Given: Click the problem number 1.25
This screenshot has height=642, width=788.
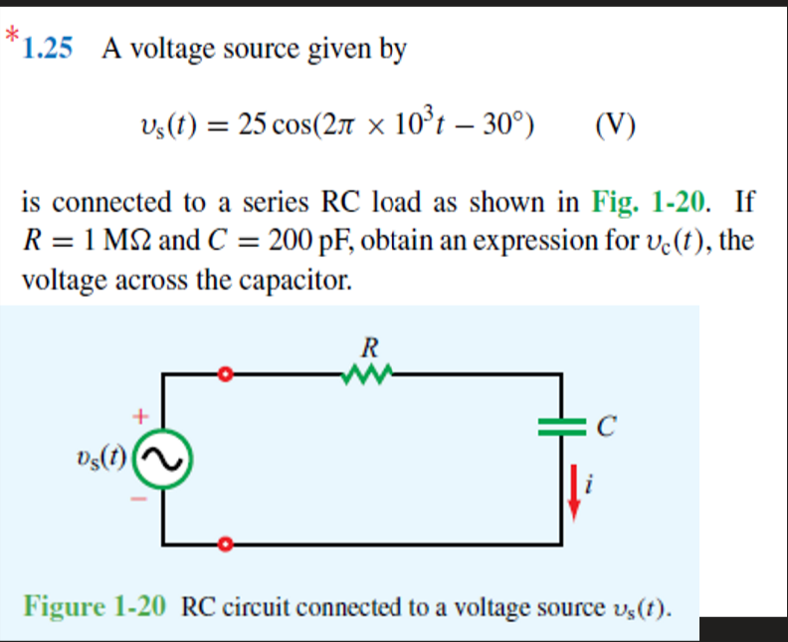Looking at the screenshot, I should click(48, 49).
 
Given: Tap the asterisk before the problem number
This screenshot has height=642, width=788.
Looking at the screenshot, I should click(10, 36).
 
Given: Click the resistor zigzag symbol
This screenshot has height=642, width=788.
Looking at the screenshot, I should click(368, 374).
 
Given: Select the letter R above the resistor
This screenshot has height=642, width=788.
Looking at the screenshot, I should click(368, 349).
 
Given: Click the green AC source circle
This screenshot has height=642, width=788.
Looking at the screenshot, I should click(162, 459).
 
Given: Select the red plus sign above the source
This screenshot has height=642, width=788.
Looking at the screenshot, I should click(141, 411).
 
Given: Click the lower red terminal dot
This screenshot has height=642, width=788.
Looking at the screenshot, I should click(226, 544).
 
